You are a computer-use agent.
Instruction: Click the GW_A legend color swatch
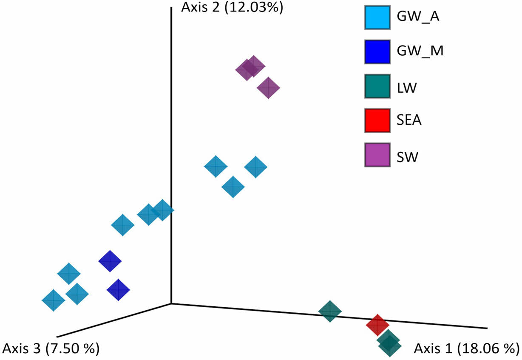pyautogui.click(x=377, y=17)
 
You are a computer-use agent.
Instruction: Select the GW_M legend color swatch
pyautogui.click(x=377, y=52)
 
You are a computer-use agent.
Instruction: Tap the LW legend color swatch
pyautogui.click(x=377, y=86)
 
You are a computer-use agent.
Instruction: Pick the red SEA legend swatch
pyautogui.click(x=377, y=120)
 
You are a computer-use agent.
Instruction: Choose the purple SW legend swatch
pyautogui.click(x=377, y=155)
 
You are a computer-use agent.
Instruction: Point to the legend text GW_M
pyautogui.click(x=420, y=52)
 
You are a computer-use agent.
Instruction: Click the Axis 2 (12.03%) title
pyautogui.click(x=232, y=7)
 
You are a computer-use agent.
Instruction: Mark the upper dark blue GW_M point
pyautogui.click(x=110, y=261)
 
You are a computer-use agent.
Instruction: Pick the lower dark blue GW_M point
pyautogui.click(x=118, y=290)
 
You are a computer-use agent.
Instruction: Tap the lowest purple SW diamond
pyautogui.click(x=268, y=88)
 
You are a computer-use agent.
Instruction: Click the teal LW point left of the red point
pyautogui.click(x=330, y=311)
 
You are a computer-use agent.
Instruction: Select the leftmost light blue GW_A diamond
pyautogui.click(x=54, y=300)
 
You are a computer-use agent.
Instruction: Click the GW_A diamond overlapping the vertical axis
pyautogui.click(x=162, y=210)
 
